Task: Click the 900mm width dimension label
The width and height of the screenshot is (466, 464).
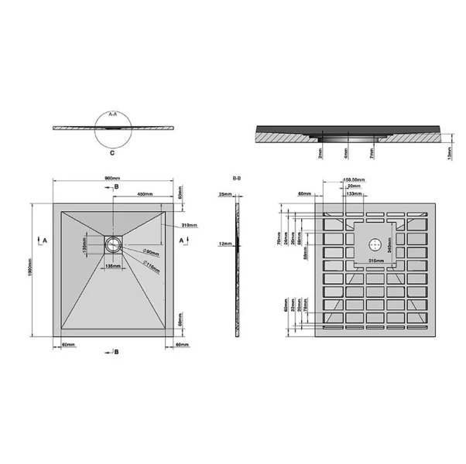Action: pos(112,181)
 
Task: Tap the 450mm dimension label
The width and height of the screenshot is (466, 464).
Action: pos(145,193)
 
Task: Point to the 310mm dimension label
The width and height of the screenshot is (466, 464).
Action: pos(188,225)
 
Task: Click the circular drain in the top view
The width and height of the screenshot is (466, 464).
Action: pos(113,243)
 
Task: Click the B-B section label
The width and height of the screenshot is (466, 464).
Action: pos(238,178)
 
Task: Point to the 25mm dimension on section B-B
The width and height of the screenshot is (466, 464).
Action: pos(224,193)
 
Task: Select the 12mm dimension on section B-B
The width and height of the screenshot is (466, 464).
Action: pos(224,244)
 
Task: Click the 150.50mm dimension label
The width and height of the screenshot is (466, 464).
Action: pos(355,179)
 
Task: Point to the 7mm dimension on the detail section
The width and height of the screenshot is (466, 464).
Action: pos(372,155)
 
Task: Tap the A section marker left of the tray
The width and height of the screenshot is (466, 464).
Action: pos(46,242)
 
